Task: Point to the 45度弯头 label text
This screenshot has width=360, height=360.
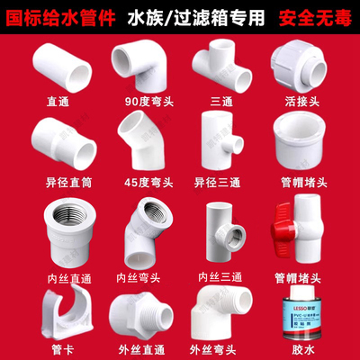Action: (136, 181)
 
